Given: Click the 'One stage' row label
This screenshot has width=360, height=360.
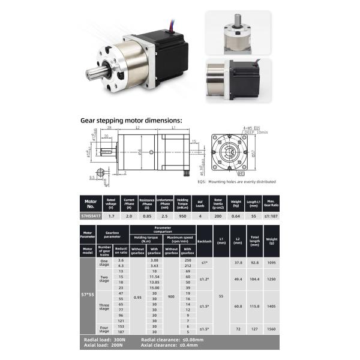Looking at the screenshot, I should [x=104, y=262].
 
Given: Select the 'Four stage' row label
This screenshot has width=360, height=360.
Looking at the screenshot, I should [x=104, y=329].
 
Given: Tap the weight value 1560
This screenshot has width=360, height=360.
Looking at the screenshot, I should [x=272, y=329].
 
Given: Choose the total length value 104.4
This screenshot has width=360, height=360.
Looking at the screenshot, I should [x=254, y=280].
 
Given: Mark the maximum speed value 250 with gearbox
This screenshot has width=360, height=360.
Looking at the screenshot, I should [x=188, y=259].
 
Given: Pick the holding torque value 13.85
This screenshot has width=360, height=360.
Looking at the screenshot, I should [x=154, y=281].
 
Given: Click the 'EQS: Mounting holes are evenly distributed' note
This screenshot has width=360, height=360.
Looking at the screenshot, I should [x=236, y=181].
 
